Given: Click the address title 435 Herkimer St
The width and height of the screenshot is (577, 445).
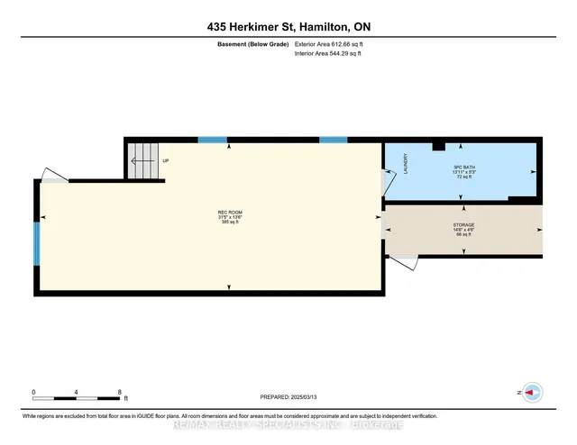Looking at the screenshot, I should pyautogui.click(x=288, y=28).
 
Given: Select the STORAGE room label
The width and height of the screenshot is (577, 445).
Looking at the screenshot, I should pyautogui.click(x=463, y=224).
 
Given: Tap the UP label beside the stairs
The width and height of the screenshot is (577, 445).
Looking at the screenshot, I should pyautogui.click(x=166, y=161).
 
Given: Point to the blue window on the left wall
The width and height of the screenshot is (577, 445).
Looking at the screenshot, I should pyautogui.click(x=37, y=243).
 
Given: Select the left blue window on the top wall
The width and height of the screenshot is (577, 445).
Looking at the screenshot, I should pyautogui.click(x=213, y=140).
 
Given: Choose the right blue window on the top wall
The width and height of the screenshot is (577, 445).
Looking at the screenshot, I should pyautogui.click(x=334, y=140).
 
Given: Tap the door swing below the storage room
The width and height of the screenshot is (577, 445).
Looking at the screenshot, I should pyautogui.click(x=407, y=262).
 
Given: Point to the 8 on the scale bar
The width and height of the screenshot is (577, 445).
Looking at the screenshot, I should pyautogui.click(x=120, y=392).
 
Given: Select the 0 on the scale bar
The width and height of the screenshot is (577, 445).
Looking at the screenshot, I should pyautogui.click(x=34, y=392).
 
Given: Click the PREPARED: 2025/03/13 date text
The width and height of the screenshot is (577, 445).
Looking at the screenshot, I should pyautogui.click(x=288, y=397).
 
